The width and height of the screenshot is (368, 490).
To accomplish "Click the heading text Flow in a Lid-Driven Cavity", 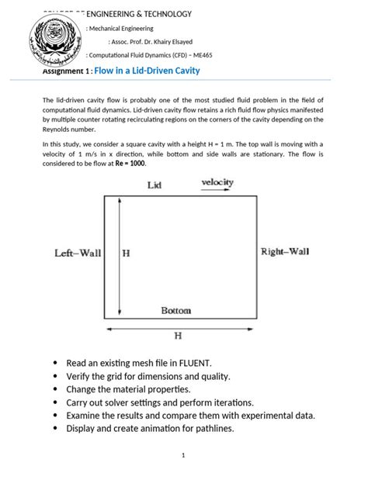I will point(147,71).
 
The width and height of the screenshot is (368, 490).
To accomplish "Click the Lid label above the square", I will point(154,185).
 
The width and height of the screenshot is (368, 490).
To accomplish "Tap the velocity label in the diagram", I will point(217,182).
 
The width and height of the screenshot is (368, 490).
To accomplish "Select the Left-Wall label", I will point(78,253).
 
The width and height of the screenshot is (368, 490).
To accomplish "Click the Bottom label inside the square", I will point(175,310).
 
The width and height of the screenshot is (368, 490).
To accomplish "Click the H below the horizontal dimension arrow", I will point(177,336).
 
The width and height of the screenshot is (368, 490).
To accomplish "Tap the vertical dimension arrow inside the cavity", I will point(118,256).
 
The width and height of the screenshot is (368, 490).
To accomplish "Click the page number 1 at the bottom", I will point(182,456).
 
